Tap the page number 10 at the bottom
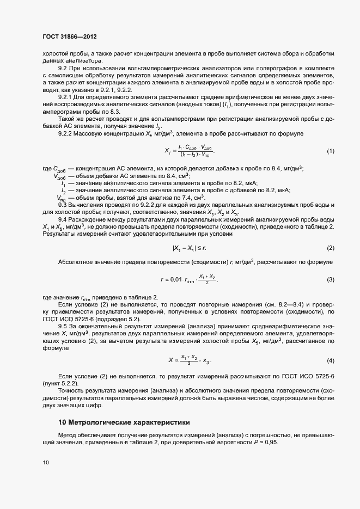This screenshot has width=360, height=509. point(45,463)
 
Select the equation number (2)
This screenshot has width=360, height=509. point(330,248)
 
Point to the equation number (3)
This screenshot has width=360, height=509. point(330,279)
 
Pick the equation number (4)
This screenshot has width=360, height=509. point(330,361)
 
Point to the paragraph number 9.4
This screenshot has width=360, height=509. point(63,219)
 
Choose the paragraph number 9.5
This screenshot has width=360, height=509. point(63,326)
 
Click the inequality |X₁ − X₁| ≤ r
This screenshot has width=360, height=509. point(190,248)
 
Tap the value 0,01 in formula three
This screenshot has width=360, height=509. point(179,279)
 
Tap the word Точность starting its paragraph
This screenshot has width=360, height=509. point(71,391)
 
